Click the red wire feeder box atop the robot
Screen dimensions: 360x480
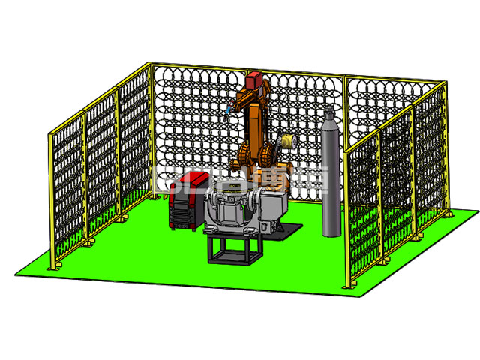(253, 79)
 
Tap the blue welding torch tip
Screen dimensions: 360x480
(224, 113)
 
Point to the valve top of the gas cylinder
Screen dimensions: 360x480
(330, 114)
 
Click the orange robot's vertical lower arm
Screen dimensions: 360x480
(255, 127)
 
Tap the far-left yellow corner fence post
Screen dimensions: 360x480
(51, 202)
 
